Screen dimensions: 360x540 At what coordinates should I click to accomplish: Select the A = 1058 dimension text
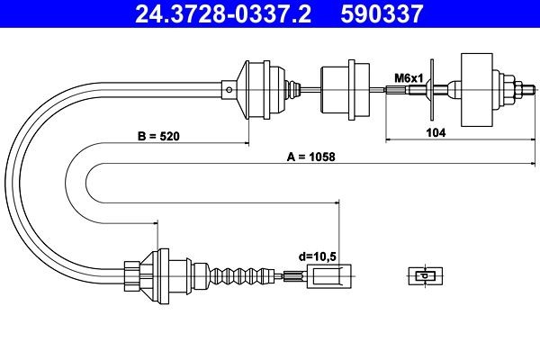310,157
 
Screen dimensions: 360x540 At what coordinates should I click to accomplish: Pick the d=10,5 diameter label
317,256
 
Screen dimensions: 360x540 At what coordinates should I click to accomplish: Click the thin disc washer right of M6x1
433,87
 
